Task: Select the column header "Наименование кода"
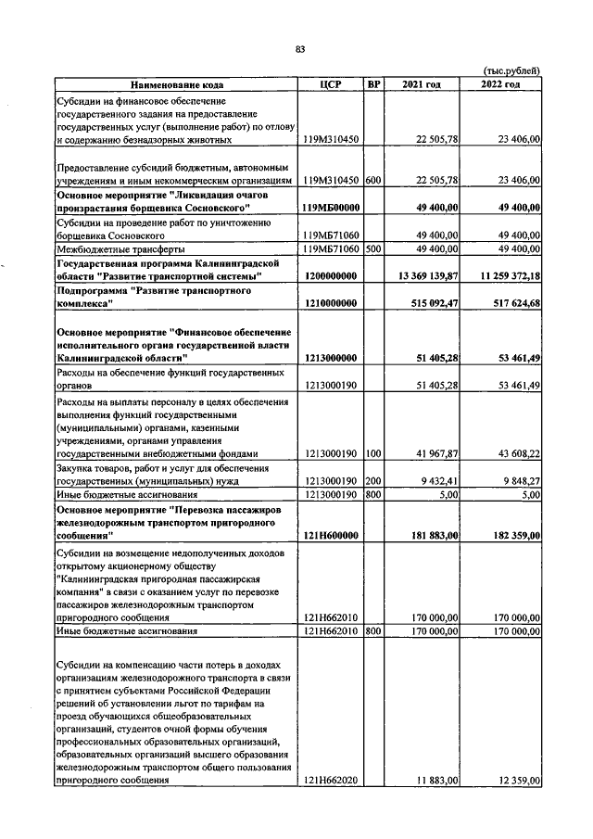[x=178, y=84]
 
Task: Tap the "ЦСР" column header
[x=331, y=84]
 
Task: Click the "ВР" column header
[x=374, y=84]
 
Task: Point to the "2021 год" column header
[x=422, y=84]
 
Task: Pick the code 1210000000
[x=331, y=303]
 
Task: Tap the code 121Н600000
[x=332, y=536]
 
